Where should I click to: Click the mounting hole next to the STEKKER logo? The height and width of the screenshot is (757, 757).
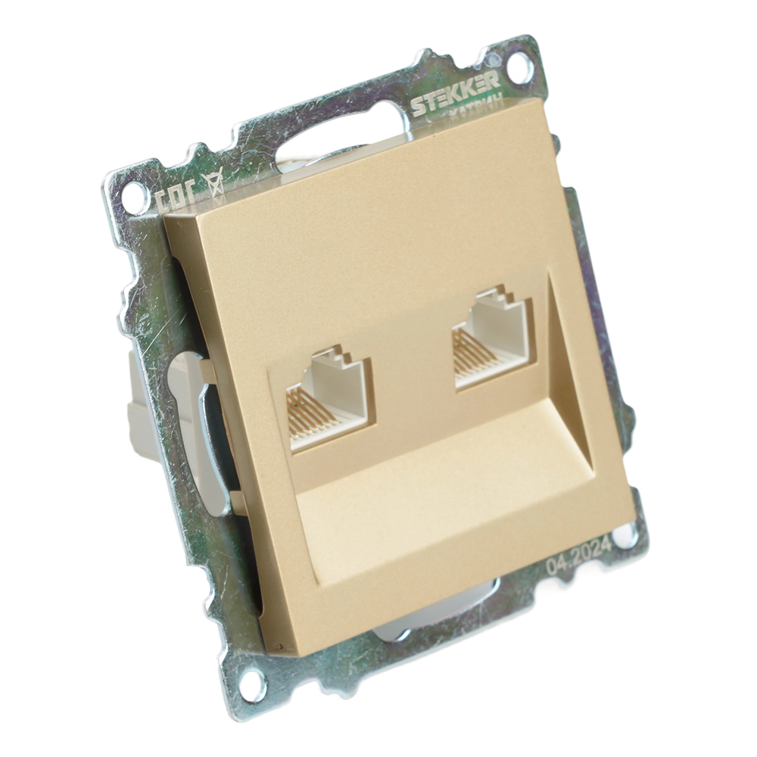(519, 70)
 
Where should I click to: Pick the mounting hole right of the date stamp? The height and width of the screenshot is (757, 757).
(625, 536)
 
